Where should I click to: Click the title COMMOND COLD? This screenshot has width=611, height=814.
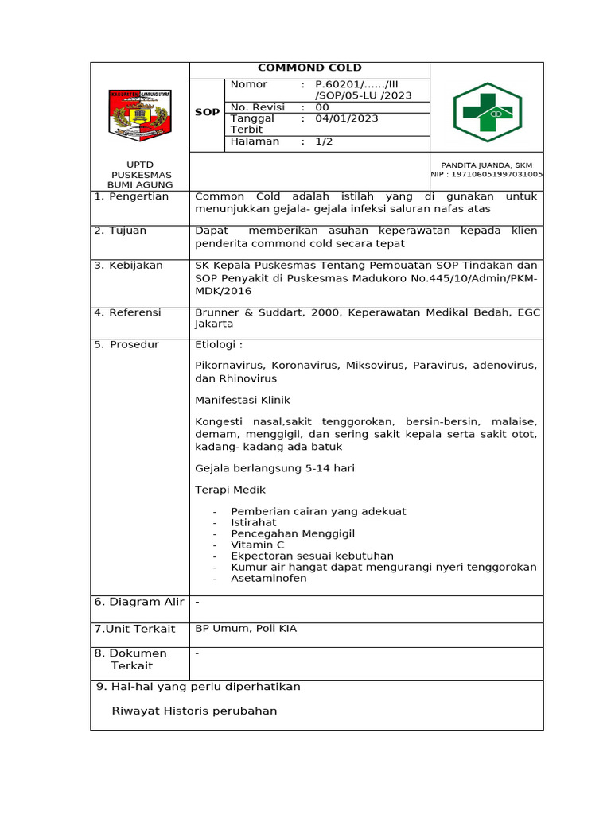click(309, 68)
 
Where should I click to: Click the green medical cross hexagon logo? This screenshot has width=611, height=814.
click(487, 111)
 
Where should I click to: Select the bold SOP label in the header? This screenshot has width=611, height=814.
click(207, 113)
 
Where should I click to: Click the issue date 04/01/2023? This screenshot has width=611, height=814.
click(347, 118)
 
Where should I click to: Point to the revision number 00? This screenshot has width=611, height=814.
click(322, 107)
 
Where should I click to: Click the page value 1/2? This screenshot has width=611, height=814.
click(325, 141)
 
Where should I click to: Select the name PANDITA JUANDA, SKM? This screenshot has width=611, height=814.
click(486, 165)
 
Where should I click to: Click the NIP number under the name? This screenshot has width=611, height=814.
click(487, 174)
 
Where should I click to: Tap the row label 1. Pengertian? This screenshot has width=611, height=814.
click(131, 196)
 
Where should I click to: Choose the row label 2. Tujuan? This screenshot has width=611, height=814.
click(120, 231)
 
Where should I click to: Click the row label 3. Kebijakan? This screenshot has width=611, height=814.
click(128, 265)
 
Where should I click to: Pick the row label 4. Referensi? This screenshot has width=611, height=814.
click(127, 312)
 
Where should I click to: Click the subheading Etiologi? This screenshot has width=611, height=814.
click(219, 344)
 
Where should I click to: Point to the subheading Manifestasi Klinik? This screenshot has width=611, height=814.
click(243, 400)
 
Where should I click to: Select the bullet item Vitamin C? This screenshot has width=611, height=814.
click(257, 545)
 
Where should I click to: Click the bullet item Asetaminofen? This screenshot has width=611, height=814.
click(268, 578)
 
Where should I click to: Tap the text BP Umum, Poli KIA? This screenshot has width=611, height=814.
click(246, 629)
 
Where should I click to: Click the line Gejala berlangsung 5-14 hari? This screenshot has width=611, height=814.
click(274, 468)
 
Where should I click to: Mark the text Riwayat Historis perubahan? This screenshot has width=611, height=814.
click(195, 711)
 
